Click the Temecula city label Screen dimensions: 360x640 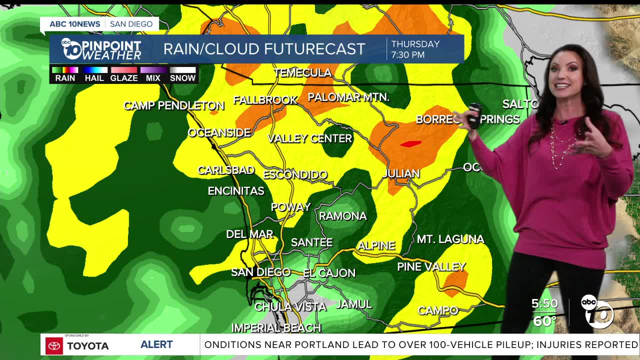click(x=302, y=73)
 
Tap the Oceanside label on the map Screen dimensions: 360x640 click(x=219, y=132)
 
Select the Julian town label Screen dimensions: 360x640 click(x=400, y=173)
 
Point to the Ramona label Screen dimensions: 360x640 click(x=342, y=216)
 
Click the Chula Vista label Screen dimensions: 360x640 click(x=290, y=306)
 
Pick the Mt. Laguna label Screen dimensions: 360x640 click(x=450, y=239)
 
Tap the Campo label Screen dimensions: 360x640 click(x=438, y=310)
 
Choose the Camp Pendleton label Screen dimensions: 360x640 click(x=173, y=105)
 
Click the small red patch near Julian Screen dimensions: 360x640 click(x=410, y=144)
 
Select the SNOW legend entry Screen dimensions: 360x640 click(x=182, y=78)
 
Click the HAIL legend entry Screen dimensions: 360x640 click(x=94, y=78)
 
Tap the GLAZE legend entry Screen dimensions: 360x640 click(x=123, y=78)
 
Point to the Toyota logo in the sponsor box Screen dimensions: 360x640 click(x=54, y=345)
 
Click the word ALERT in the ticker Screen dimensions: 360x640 click(x=156, y=344)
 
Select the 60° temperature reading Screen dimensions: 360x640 click(x=544, y=321)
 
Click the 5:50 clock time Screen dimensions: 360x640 click(x=544, y=304)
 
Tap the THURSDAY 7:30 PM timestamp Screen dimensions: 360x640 click(x=415, y=49)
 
